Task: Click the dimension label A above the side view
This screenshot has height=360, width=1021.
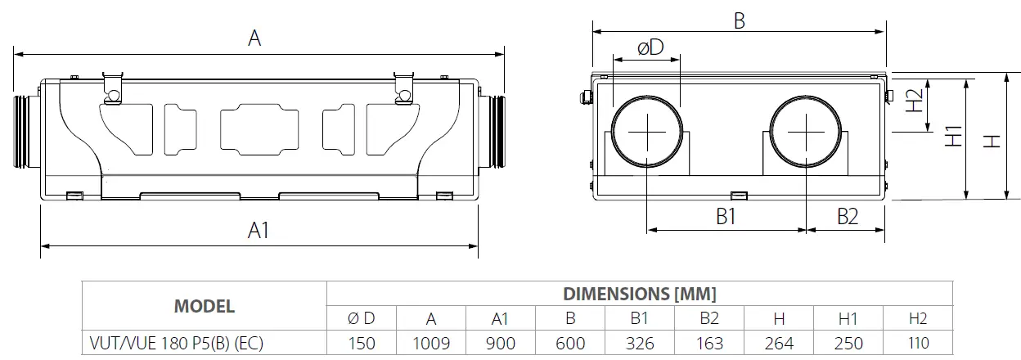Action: coord(254,38)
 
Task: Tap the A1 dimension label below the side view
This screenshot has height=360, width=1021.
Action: coord(259,231)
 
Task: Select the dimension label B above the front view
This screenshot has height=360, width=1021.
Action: coord(739,20)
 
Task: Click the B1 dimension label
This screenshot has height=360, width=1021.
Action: coord(726,217)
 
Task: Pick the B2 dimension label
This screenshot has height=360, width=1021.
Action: coord(847,217)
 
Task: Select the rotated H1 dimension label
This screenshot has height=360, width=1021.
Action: coord(953,137)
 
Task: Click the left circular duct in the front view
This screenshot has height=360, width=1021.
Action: coord(646,131)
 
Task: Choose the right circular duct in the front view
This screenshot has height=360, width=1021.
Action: coord(806,131)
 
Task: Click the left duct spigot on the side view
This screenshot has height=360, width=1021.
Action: coord(27,131)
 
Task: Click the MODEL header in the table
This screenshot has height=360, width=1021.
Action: coord(204,306)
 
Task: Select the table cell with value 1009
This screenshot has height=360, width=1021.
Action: coord(430,343)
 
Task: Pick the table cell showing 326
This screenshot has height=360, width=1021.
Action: coord(640,343)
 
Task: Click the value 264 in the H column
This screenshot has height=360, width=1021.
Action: coord(779,343)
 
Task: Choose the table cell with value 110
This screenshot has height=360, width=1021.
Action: coord(918,343)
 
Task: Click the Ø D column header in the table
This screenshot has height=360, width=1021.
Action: coord(362,319)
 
